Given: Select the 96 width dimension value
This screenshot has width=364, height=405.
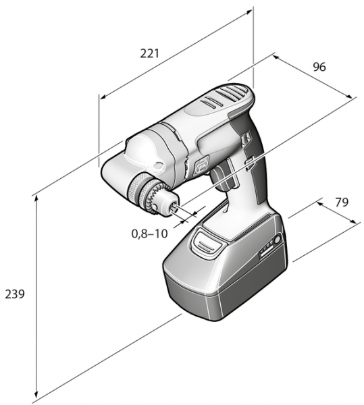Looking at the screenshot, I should click(319, 67).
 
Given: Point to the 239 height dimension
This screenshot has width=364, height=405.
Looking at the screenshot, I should click(14, 294).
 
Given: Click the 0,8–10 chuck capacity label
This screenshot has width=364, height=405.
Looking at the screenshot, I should click(150, 234).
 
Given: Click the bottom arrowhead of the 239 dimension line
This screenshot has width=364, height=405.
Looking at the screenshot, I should click(35, 398).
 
